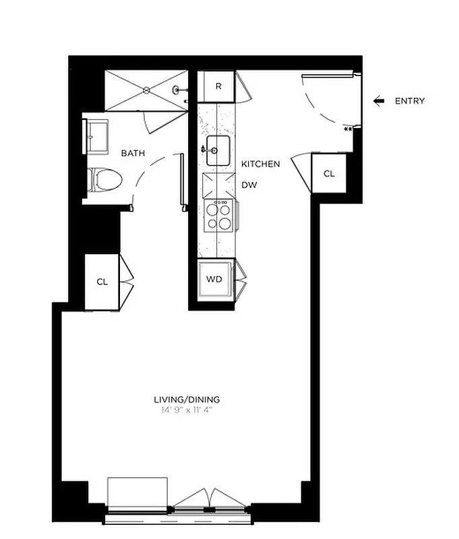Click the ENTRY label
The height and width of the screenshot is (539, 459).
tap(410, 101)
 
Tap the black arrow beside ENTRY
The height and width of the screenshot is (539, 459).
tap(379, 101)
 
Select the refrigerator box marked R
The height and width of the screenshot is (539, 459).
tap(218, 86)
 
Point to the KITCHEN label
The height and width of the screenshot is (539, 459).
tap(261, 164)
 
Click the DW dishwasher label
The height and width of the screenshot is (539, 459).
tap(250, 185)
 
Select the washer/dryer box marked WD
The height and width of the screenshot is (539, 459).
tap(214, 278)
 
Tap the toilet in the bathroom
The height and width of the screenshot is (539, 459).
tap(106, 180)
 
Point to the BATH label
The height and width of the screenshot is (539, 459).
tap(133, 154)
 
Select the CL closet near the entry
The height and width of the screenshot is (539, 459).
tap(328, 174)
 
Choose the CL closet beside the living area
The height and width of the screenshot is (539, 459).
tap(102, 282)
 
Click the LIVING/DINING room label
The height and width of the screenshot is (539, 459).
tap(187, 400)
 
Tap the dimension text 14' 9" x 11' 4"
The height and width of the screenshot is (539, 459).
tap(187, 410)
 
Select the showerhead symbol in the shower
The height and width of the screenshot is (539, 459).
tap(177, 90)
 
